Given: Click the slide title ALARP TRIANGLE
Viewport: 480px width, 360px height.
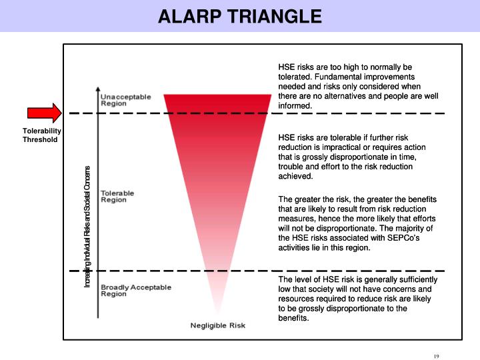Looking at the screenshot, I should [240, 16].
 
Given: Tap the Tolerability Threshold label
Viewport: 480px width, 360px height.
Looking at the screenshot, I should [41, 135].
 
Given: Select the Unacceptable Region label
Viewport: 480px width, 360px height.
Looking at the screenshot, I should [125, 100].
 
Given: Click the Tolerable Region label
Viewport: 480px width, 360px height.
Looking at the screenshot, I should [117, 197].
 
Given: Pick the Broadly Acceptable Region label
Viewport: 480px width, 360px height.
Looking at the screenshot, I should [135, 291].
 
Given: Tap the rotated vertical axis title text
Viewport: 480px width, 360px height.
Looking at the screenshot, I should [87, 227].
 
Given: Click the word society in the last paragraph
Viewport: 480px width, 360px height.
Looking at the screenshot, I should [305, 289].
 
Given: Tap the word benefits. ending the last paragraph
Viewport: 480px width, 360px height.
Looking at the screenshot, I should [294, 318].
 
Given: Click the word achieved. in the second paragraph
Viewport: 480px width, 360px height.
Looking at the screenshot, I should [295, 176].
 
